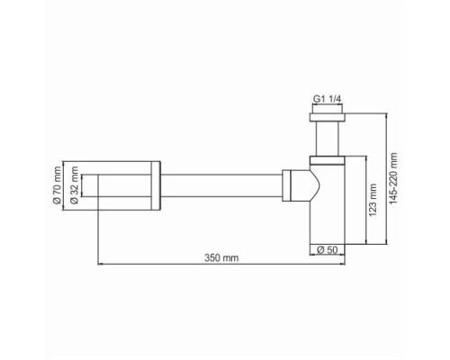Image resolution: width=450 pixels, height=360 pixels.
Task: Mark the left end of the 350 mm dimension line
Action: click(x=97, y=265)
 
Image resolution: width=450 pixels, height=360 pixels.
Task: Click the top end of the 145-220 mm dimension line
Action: click(x=388, y=111)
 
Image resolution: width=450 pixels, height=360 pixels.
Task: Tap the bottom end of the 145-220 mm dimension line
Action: click(x=388, y=243)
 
